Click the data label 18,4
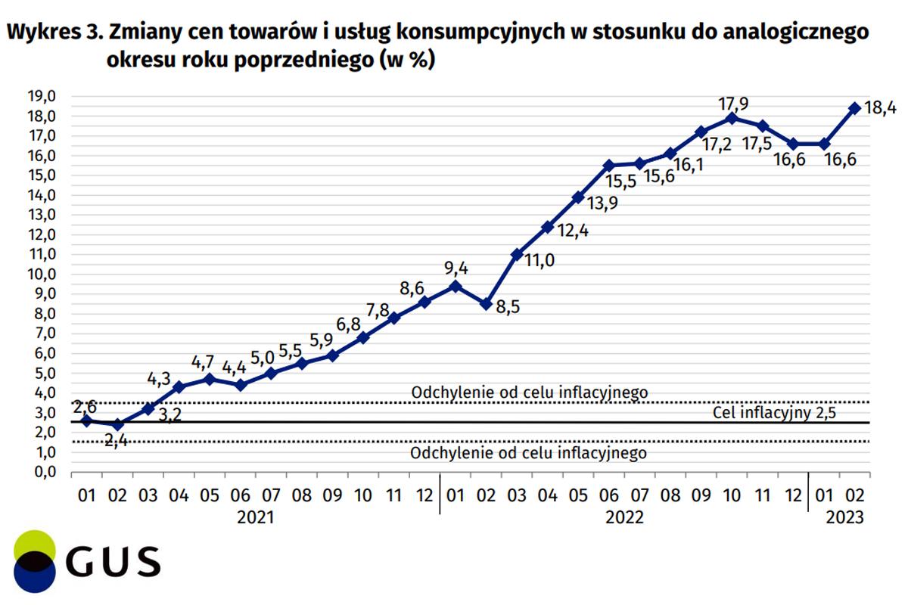880,109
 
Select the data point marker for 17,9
731,118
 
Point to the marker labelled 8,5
486,304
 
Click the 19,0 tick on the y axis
42,97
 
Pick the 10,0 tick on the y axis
42,274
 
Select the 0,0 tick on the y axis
42,472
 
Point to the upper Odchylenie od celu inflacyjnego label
529,392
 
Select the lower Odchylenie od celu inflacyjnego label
529,454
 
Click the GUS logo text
113,562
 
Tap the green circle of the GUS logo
34,544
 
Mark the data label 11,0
539,261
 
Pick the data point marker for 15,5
608,165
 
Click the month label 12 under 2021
424,496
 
